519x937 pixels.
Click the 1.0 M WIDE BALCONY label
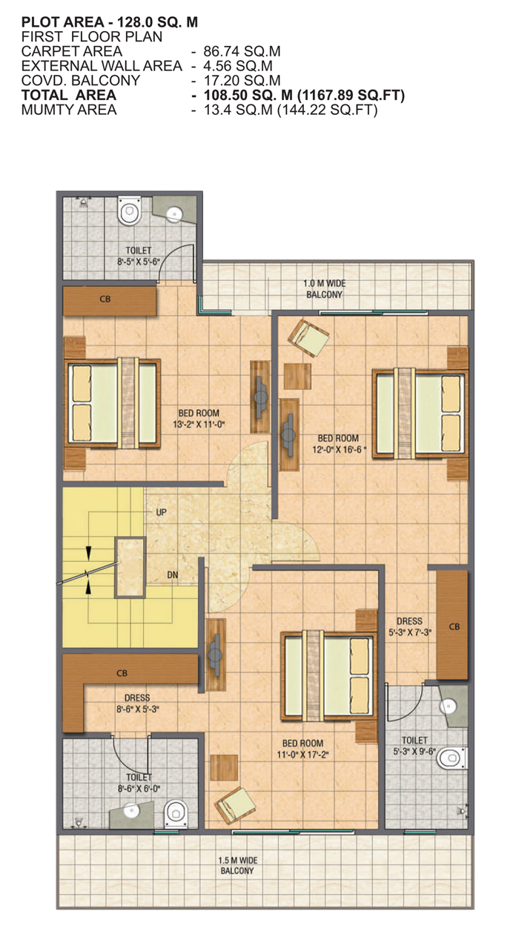coord(324,289)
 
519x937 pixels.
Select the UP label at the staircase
coord(161,512)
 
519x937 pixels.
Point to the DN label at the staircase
coord(172,575)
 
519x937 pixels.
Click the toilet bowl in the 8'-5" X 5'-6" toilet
coord(128,211)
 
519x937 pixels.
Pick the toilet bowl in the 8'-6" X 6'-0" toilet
coord(176,813)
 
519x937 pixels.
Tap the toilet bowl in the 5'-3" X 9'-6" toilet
coord(451,758)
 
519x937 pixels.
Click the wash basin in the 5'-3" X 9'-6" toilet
coord(448,706)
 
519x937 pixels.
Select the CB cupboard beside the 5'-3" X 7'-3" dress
coord(452,626)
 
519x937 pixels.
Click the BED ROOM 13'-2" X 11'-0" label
coord(199,419)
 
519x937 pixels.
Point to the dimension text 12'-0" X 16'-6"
coord(339,450)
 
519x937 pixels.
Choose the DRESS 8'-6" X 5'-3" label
coord(138,703)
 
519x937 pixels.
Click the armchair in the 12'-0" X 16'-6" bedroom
coord(308,338)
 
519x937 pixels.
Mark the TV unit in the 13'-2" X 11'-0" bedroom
coord(260,397)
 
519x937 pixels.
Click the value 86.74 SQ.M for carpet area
coord(242,51)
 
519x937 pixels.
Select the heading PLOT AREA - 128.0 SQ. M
coord(110,21)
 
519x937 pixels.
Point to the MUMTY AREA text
coord(69,110)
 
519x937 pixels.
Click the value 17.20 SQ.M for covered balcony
coord(242,80)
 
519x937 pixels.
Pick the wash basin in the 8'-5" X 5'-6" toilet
coord(174,214)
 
